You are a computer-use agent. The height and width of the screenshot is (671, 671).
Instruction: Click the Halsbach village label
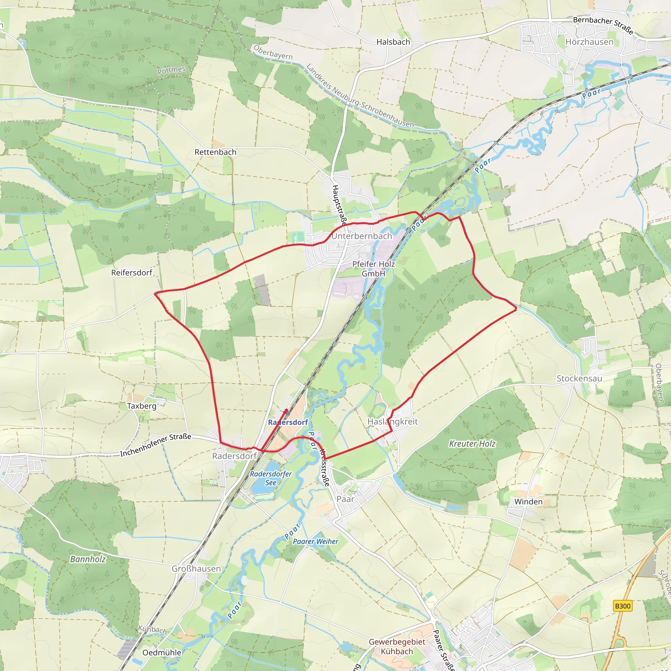click(393, 42)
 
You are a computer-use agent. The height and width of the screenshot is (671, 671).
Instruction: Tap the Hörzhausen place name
click(589, 42)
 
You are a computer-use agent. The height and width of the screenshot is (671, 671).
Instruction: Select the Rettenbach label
click(215, 152)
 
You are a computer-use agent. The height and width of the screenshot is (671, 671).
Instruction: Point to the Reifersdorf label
click(132, 273)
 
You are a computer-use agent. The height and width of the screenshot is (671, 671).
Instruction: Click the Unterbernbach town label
click(362, 236)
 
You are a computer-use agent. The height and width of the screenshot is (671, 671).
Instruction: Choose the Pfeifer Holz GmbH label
click(374, 269)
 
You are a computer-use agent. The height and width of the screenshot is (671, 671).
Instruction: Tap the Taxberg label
click(141, 406)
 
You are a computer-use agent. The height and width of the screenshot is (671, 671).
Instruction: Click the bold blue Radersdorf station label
click(288, 422)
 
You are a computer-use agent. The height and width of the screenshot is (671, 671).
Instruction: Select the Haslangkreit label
click(393, 422)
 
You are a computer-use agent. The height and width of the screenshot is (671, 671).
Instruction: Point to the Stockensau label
click(579, 378)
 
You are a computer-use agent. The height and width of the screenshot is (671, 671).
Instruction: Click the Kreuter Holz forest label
click(472, 444)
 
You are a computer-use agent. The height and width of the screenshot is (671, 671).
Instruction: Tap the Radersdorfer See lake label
click(271, 478)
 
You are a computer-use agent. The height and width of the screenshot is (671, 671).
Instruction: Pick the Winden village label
click(528, 502)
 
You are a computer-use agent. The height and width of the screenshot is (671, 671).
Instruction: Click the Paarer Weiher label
click(316, 542)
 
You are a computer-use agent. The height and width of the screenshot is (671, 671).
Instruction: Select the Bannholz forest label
click(88, 559)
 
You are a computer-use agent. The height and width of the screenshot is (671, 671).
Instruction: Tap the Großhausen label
click(196, 568)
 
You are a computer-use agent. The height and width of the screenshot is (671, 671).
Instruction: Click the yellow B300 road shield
click(623, 606)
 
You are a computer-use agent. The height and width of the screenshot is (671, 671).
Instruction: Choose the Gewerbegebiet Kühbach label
click(397, 647)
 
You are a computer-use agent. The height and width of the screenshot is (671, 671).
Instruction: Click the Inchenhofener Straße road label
click(156, 445)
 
